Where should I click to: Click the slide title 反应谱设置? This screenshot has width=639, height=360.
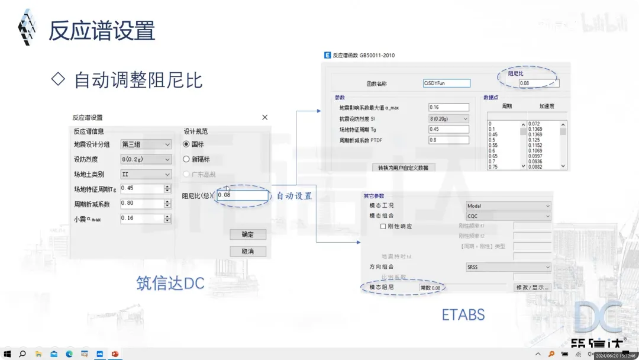pyautogui.click(x=102, y=31)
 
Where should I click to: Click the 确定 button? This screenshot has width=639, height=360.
pyautogui.click(x=247, y=234)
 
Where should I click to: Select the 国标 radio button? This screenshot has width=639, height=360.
pyautogui.click(x=186, y=144)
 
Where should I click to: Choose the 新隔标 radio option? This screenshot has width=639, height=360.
pyautogui.click(x=186, y=159)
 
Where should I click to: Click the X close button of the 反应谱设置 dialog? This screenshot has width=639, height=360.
pyautogui.click(x=264, y=118)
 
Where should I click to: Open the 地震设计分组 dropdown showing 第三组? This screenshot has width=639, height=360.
pyautogui.click(x=146, y=144)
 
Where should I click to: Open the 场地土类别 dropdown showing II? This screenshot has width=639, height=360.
pyautogui.click(x=146, y=175)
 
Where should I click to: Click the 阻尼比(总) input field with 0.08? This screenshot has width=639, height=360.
pyautogui.click(x=243, y=195)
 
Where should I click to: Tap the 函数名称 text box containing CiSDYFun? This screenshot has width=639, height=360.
pyautogui.click(x=447, y=83)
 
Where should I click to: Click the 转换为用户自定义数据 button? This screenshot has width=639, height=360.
pyautogui.click(x=406, y=168)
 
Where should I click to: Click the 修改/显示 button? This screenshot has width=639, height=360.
pyautogui.click(x=532, y=288)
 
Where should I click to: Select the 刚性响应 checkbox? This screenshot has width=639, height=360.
pyautogui.click(x=383, y=226)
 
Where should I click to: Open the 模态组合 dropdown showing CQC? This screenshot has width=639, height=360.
pyautogui.click(x=508, y=216)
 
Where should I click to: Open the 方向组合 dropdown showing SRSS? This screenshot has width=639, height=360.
pyautogui.click(x=508, y=267)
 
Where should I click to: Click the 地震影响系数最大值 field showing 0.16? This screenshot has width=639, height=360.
pyautogui.click(x=448, y=108)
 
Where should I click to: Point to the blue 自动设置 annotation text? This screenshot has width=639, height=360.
pyautogui.click(x=294, y=195)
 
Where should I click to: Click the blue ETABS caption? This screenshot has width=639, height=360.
pyautogui.click(x=463, y=314)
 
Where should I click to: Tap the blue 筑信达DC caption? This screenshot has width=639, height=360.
pyautogui.click(x=170, y=284)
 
